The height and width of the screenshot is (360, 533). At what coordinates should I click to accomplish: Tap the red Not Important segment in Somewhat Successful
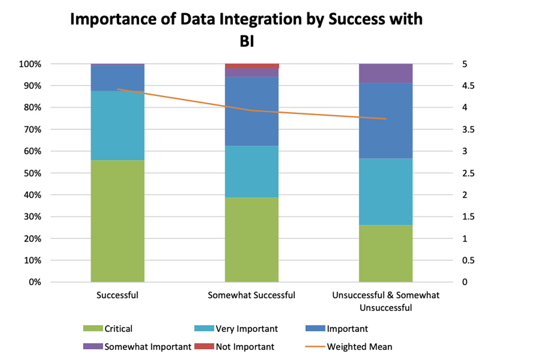[252, 66]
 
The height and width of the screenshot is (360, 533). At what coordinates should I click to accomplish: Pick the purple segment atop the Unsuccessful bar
[385, 73]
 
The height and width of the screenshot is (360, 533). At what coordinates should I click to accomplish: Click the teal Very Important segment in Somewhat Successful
[252, 172]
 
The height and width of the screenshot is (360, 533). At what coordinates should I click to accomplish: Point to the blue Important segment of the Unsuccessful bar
[385, 121]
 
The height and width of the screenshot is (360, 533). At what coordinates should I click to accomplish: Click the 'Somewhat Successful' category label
[252, 295]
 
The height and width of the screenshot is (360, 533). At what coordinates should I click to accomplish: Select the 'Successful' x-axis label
[118, 295]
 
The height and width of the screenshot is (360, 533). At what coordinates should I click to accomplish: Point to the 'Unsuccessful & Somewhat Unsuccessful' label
[385, 301]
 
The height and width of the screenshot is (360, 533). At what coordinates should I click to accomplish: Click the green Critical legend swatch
[93, 329]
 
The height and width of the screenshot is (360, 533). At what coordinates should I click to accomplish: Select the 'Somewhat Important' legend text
[148, 347]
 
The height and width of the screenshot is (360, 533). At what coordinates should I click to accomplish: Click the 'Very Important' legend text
[247, 329]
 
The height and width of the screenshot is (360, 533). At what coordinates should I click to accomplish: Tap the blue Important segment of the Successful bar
[118, 78]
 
